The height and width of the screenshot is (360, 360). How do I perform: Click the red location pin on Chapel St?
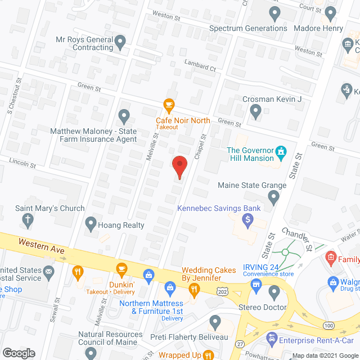(179, 167)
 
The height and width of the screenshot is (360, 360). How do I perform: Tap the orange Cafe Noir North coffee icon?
(168, 104)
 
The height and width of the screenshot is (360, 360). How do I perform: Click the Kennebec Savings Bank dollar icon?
(247, 219)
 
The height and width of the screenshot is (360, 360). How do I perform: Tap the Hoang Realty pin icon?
(90, 224)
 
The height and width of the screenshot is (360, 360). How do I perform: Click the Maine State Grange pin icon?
(273, 197)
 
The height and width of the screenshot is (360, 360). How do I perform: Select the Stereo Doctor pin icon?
(274, 291)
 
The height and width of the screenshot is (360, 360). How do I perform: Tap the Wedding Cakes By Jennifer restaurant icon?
(194, 290)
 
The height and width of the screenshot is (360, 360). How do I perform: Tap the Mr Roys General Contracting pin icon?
(120, 41)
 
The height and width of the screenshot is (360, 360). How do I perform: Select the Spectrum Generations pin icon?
(275, 12)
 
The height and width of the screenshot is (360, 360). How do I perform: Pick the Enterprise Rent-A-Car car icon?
(272, 339)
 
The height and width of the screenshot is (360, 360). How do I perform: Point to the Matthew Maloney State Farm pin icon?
(124, 116)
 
